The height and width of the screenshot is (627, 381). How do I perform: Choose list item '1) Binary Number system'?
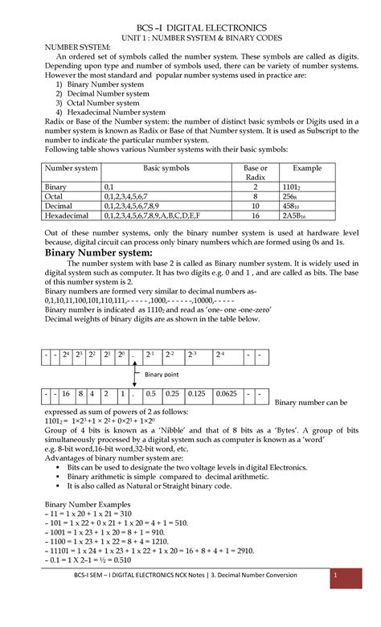tap(104, 84)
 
